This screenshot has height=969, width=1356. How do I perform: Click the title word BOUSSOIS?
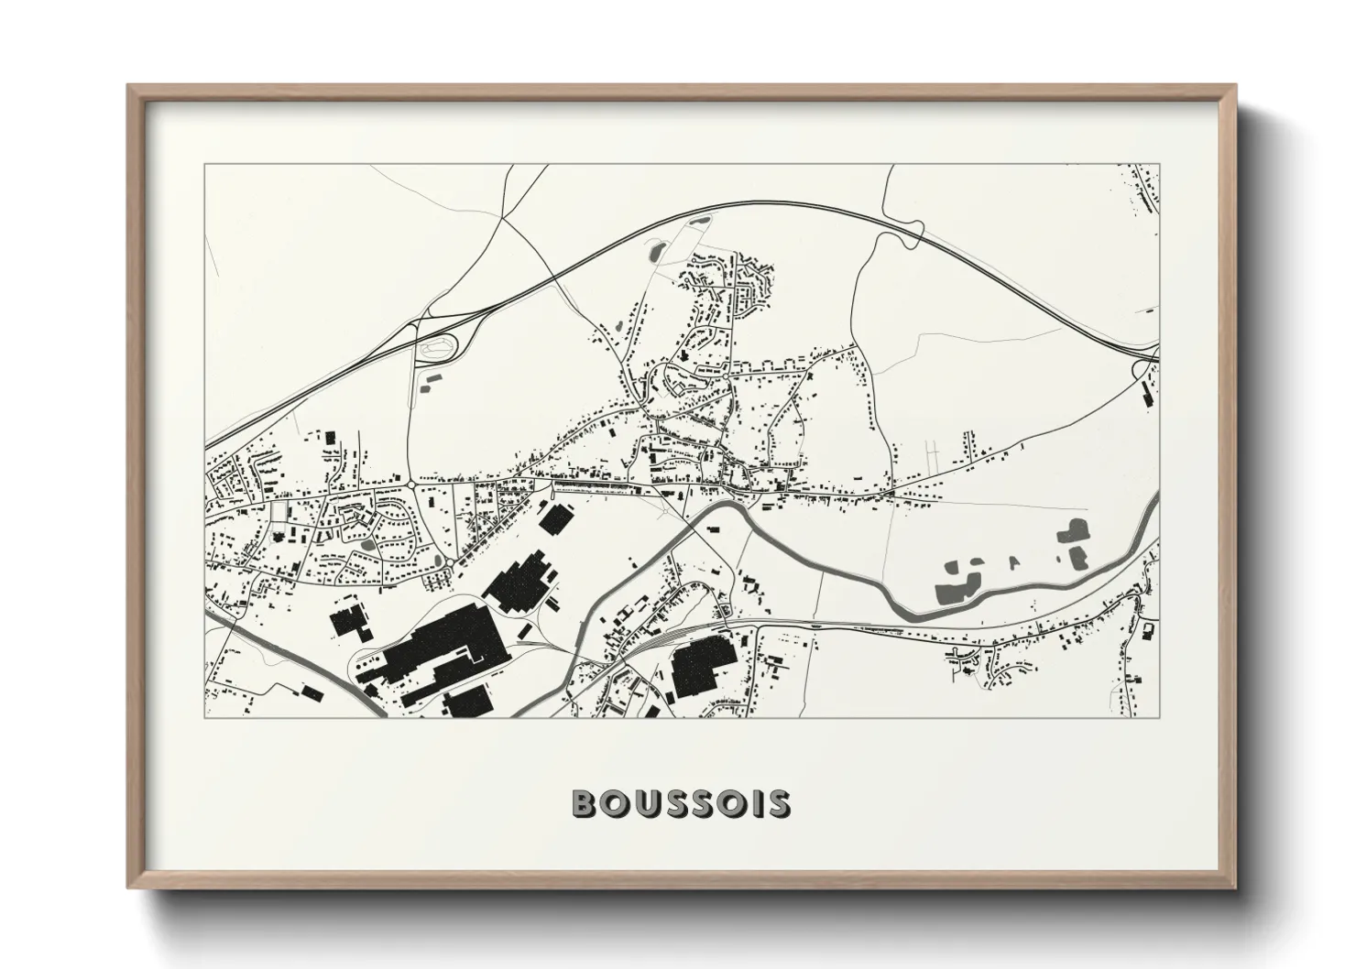(x=681, y=803)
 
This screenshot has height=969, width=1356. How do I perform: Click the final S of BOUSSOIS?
(x=777, y=803)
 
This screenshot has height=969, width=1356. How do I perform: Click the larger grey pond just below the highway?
(x=656, y=248)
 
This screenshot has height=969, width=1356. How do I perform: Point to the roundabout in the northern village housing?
(x=726, y=376)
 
